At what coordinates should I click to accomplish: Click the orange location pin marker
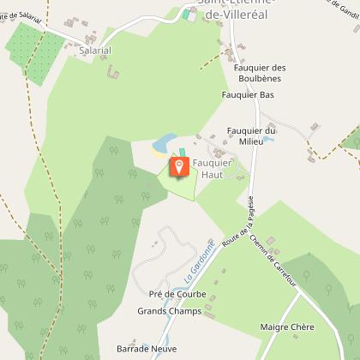pos(180,165)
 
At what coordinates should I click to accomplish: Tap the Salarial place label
pos(95,51)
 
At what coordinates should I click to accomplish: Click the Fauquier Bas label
pos(247,94)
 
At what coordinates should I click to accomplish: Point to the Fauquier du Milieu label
pos(249,135)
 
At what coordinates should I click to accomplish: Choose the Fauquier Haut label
pos(212,168)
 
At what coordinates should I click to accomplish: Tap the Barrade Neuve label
pos(146,349)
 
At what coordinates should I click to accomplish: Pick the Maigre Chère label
pos(287,327)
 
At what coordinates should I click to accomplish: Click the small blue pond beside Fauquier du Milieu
pos(267,139)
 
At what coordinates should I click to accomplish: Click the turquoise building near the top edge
pos(188,14)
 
